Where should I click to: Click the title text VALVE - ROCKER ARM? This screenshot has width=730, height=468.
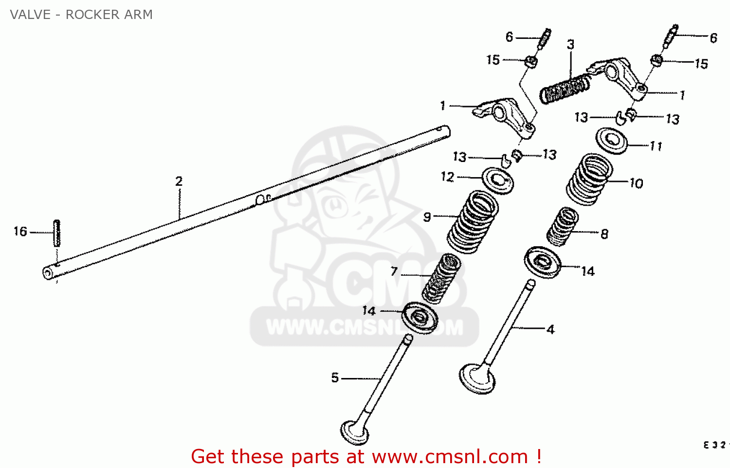coord(81,15)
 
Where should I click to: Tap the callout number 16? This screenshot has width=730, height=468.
coord(20,232)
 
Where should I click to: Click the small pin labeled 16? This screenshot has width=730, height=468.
coord(56,233)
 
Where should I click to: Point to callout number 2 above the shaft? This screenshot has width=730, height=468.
coord(179,181)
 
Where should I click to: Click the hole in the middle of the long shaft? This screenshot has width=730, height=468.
coord(261,199)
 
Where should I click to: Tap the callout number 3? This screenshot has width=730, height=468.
coord(570,45)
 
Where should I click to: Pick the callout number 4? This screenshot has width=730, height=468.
coord(550,330)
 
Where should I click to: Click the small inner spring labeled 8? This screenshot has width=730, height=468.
coord(563,226)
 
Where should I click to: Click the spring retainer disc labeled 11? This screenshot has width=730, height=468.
coord(612,141)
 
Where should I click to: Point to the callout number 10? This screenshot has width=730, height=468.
coord(637,183)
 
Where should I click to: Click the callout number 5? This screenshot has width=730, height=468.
coord(335,378)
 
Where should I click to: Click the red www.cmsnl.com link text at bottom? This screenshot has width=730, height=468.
coord(450,457)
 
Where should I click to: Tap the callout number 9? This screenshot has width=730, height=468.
coord(427,217)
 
